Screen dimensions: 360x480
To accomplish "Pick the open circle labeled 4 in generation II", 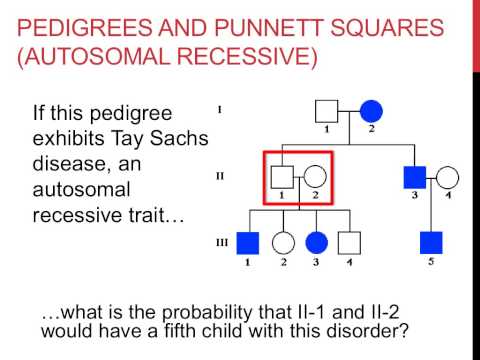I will [x=448, y=177].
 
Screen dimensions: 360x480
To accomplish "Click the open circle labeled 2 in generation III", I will [x=284, y=242].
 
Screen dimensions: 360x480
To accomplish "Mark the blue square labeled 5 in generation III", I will [x=431, y=242].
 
